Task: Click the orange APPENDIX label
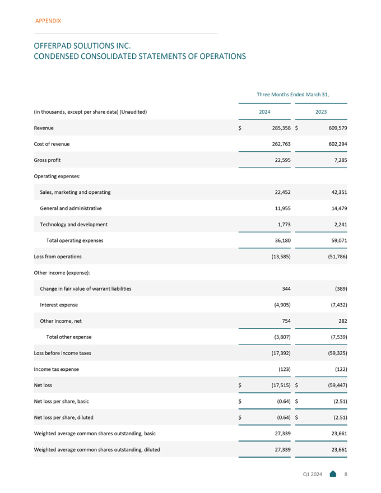(x=48, y=21)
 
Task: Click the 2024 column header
(x=265, y=112)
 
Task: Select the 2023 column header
(x=321, y=112)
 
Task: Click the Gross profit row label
(x=48, y=160)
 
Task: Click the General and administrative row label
(x=71, y=208)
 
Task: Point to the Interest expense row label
(x=59, y=305)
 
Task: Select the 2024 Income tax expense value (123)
(x=281, y=369)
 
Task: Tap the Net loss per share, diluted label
(x=63, y=417)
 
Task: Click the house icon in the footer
(x=333, y=475)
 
